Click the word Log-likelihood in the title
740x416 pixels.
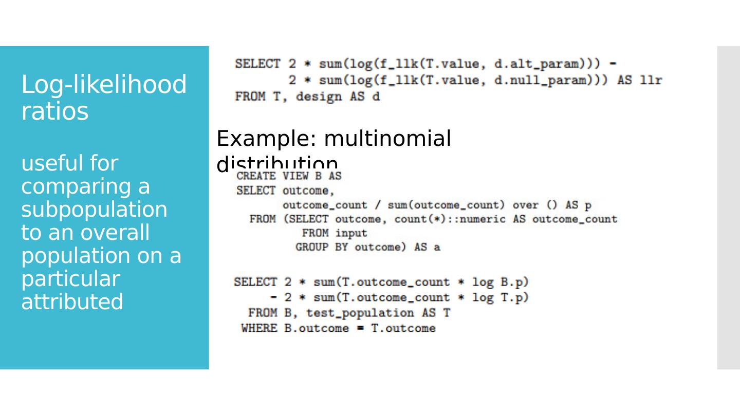coord(103,85)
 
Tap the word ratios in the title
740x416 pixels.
coord(55,111)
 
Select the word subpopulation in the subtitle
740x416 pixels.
coord(94,210)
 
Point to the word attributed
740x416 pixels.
coord(72,302)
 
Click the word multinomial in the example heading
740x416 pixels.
coord(387,139)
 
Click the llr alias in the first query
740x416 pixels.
coord(651,80)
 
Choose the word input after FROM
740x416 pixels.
coord(351,233)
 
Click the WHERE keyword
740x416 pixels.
coord(259,328)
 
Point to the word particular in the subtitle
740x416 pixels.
coord(70,279)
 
